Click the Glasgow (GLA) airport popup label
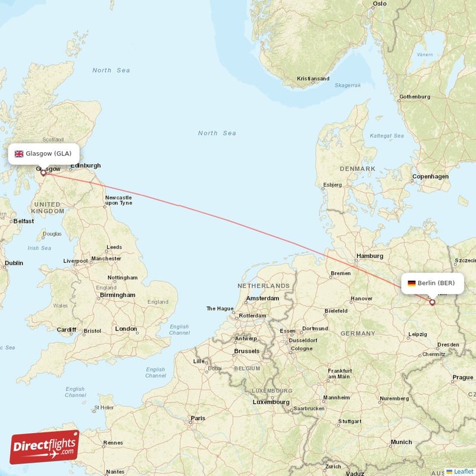pyautogui.click(x=43, y=154)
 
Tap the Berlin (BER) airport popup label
pyautogui.click(x=431, y=283)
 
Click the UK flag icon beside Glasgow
pyautogui.click(x=19, y=154)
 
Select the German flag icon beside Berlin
pyautogui.click(x=411, y=283)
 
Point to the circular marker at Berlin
pyautogui.click(x=433, y=302)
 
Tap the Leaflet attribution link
pyautogui.click(x=462, y=471)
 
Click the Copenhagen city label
pyautogui.click(x=430, y=177)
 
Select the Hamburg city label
pyautogui.click(x=369, y=256)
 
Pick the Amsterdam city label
pyautogui.click(x=262, y=298)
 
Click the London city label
pyautogui.click(x=126, y=328)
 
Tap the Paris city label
pyautogui.click(x=198, y=418)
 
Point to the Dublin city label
pyautogui.click(x=14, y=263)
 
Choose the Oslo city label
pyautogui.click(x=380, y=4)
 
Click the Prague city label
pyautogui.click(x=462, y=377)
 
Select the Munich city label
pyautogui.click(x=401, y=442)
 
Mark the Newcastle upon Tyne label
pyautogui.click(x=118, y=200)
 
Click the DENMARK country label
pyautogui.click(x=357, y=169)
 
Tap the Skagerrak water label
pyautogui.click(x=347, y=85)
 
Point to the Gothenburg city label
pyautogui.click(x=415, y=96)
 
